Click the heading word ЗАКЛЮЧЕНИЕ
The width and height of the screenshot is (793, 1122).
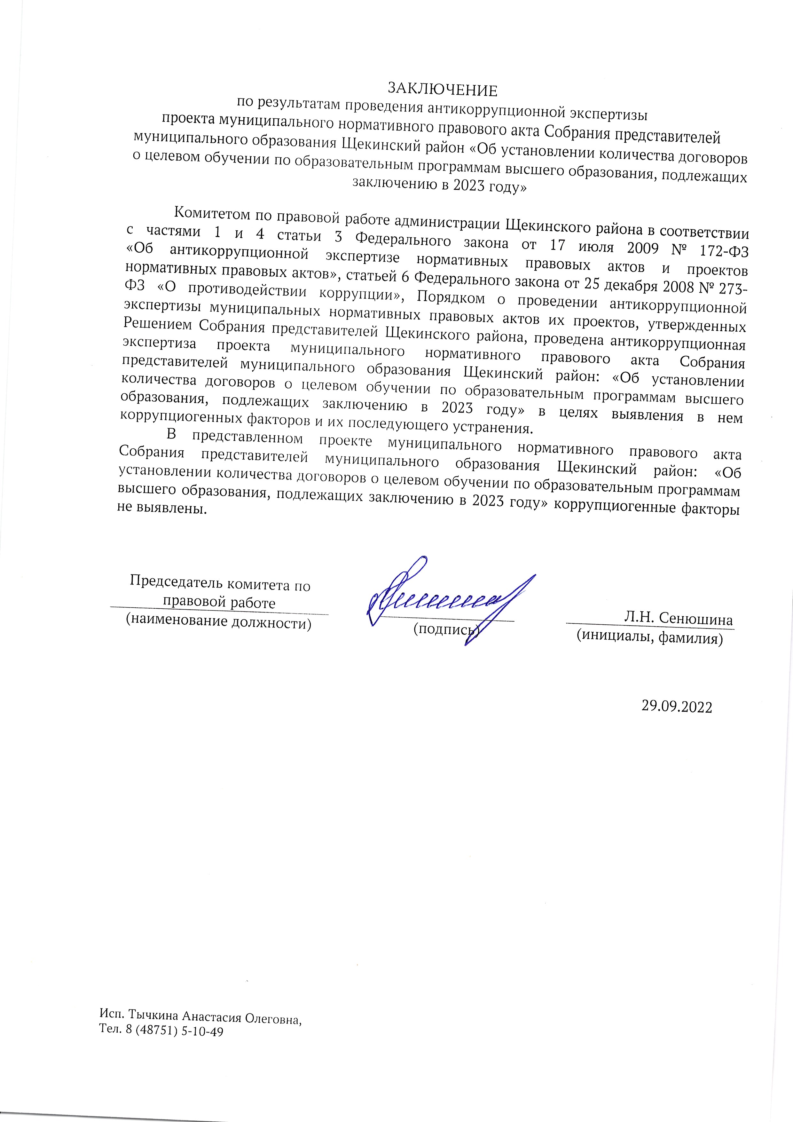point(442,91)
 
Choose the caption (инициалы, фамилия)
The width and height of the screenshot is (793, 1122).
point(649,637)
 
